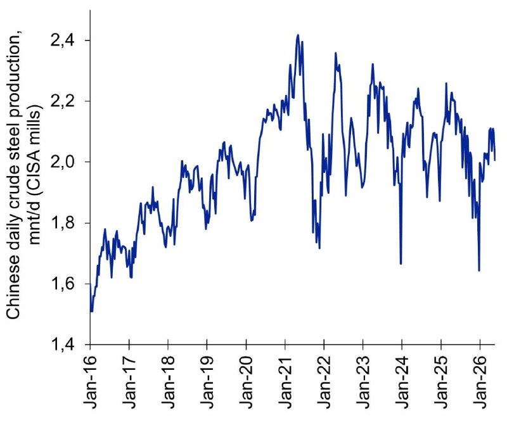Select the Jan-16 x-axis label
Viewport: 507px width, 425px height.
click(90, 382)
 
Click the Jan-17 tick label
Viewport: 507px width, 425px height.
click(129, 382)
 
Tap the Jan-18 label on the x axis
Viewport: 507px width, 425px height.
click(168, 382)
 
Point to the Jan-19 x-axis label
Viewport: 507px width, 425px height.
click(207, 382)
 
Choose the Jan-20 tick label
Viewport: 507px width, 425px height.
click(247, 382)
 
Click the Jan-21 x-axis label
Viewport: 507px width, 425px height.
click(285, 382)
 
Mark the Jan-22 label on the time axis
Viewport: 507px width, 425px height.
click(324, 382)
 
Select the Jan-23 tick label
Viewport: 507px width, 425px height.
click(363, 382)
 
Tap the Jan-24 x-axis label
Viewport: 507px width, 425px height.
click(402, 382)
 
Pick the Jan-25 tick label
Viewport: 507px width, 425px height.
click(441, 382)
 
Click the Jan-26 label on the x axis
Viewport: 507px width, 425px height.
click(480, 382)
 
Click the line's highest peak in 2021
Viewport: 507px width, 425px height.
click(298, 35)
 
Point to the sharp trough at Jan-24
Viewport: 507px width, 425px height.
click(401, 263)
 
